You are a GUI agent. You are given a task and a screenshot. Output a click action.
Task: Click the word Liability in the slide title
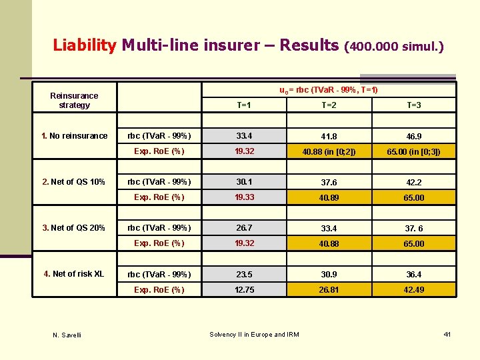[84, 45]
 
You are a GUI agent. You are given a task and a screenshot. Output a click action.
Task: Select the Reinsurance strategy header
[74, 101]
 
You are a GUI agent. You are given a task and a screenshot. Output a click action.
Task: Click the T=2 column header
[329, 105]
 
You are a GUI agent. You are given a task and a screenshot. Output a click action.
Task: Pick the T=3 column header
[413, 105]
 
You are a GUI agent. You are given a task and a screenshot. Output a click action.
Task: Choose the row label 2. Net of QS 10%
[73, 182]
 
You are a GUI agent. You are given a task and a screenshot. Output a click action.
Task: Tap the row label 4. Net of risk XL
[74, 274]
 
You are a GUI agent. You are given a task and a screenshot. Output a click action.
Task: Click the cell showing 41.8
[329, 137]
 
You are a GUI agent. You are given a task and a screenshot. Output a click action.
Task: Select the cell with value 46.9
[413, 137]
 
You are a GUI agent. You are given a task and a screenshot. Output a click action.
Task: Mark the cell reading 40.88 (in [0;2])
[329, 152]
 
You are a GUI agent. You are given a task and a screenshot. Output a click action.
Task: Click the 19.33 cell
[244, 197]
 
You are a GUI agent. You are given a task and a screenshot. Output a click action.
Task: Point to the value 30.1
[244, 182]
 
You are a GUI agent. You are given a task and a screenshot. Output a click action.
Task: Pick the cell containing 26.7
[244, 228]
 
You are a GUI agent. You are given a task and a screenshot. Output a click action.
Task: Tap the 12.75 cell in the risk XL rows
[244, 290]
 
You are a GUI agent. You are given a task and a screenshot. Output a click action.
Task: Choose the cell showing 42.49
[413, 290]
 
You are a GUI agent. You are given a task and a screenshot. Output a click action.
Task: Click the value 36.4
[413, 275]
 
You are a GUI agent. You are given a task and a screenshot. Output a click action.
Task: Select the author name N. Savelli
[67, 335]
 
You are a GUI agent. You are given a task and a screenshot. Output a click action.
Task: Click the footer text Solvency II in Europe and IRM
[254, 334]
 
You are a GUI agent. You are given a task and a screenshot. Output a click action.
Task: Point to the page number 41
[447, 333]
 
